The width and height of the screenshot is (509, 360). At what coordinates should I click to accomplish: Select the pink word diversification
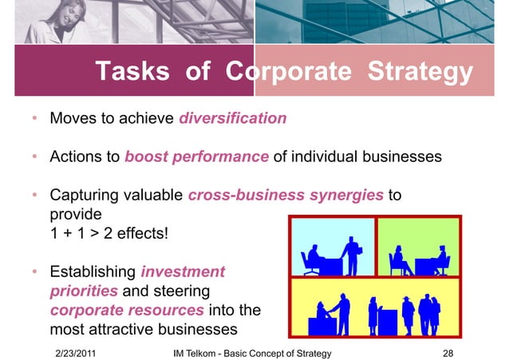[232, 119]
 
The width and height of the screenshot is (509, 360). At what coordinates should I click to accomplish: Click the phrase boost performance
[196, 157]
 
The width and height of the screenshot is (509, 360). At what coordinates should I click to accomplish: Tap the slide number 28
[448, 352]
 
